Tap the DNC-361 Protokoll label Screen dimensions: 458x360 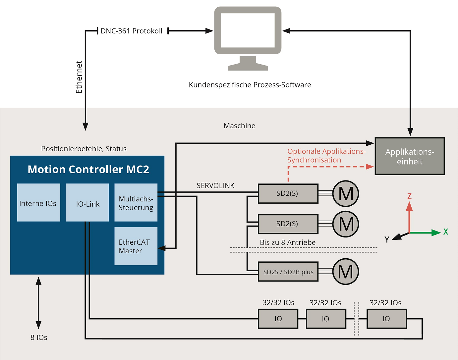point(131,31)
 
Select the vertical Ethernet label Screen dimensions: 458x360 point(79,77)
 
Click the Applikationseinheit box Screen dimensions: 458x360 point(410,156)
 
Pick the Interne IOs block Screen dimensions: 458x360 point(38,203)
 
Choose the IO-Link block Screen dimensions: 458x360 point(87,203)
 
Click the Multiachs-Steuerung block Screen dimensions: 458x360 point(136,203)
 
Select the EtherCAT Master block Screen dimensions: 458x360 point(136,246)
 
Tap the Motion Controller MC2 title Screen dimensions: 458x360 point(88,169)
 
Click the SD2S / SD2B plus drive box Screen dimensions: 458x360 point(288,272)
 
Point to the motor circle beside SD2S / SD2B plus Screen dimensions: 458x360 point(346,272)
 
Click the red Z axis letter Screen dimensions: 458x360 point(409,196)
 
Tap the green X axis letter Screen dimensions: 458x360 point(446,232)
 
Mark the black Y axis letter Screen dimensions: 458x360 point(387,240)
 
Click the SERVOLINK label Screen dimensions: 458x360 point(215,185)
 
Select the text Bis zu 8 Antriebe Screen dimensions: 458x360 point(288,242)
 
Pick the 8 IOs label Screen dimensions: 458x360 point(39,337)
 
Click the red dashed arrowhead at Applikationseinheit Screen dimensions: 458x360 point(370,167)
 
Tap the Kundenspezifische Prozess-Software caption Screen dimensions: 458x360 point(250,85)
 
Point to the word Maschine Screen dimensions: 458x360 point(239,126)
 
